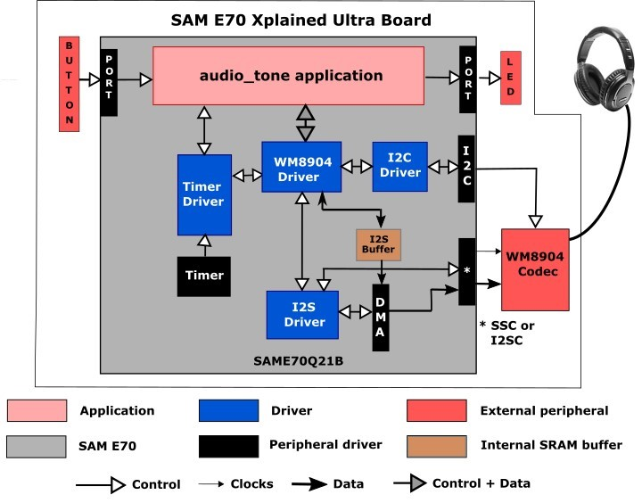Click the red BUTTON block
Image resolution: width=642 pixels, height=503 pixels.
tap(70, 84)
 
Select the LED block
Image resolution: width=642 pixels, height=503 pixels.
tap(511, 78)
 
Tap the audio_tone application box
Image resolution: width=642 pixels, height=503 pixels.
tap(288, 76)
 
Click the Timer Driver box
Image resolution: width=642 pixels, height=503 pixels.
tap(204, 194)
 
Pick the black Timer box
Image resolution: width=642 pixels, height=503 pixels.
tap(204, 276)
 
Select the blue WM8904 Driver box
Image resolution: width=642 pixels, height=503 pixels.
tap(301, 167)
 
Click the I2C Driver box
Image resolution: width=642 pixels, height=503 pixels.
tap(399, 166)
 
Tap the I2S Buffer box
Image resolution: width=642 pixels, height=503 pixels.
tap(378, 245)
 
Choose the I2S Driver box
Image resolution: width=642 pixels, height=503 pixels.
tap(302, 315)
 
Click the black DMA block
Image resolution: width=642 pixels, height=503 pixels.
tap(381, 317)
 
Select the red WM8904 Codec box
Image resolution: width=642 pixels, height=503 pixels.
tap(535, 269)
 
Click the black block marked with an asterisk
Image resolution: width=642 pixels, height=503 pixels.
tap(466, 272)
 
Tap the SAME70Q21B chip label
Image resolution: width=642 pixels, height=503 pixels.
tap(298, 361)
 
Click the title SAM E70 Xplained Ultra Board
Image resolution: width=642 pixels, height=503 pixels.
tap(301, 21)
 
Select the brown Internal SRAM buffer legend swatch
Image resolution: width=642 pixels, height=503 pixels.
tap(436, 446)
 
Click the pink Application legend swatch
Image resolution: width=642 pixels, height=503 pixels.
tap(37, 410)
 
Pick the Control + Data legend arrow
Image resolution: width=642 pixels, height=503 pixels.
tap(410, 483)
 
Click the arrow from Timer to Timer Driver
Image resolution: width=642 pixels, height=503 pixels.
tap(204, 246)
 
